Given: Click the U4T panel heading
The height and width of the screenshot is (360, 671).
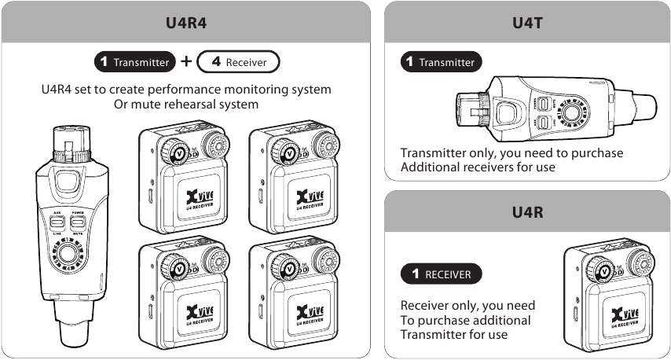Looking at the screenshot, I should [527, 22].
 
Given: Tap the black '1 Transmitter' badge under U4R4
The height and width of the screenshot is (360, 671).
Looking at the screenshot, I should [133, 61].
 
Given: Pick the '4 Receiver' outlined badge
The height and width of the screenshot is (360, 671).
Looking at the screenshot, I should [239, 61].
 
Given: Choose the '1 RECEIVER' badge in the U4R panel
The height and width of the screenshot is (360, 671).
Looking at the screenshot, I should [441, 274].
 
